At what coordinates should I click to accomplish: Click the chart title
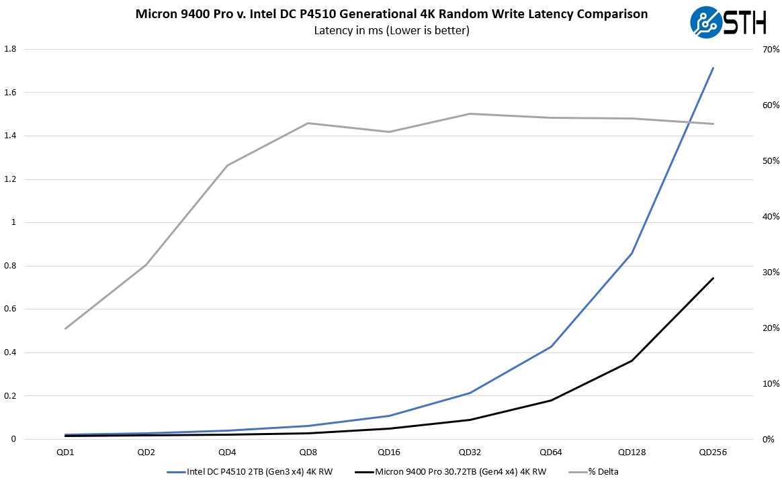(x=391, y=14)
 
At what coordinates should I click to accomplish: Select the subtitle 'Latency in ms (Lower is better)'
(x=391, y=30)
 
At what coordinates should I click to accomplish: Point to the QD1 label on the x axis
(x=65, y=452)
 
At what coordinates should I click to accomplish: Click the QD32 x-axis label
(x=470, y=452)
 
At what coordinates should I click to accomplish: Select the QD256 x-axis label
(x=713, y=452)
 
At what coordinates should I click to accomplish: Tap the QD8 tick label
(x=308, y=452)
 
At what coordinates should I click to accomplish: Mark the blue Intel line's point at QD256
(x=713, y=68)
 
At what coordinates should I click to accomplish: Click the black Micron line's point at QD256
(x=713, y=278)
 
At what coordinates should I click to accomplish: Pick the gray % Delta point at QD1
(x=65, y=328)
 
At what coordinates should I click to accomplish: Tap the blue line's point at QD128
(x=632, y=253)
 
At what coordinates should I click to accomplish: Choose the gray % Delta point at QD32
(x=470, y=113)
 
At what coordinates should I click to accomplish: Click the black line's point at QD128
(x=632, y=361)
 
